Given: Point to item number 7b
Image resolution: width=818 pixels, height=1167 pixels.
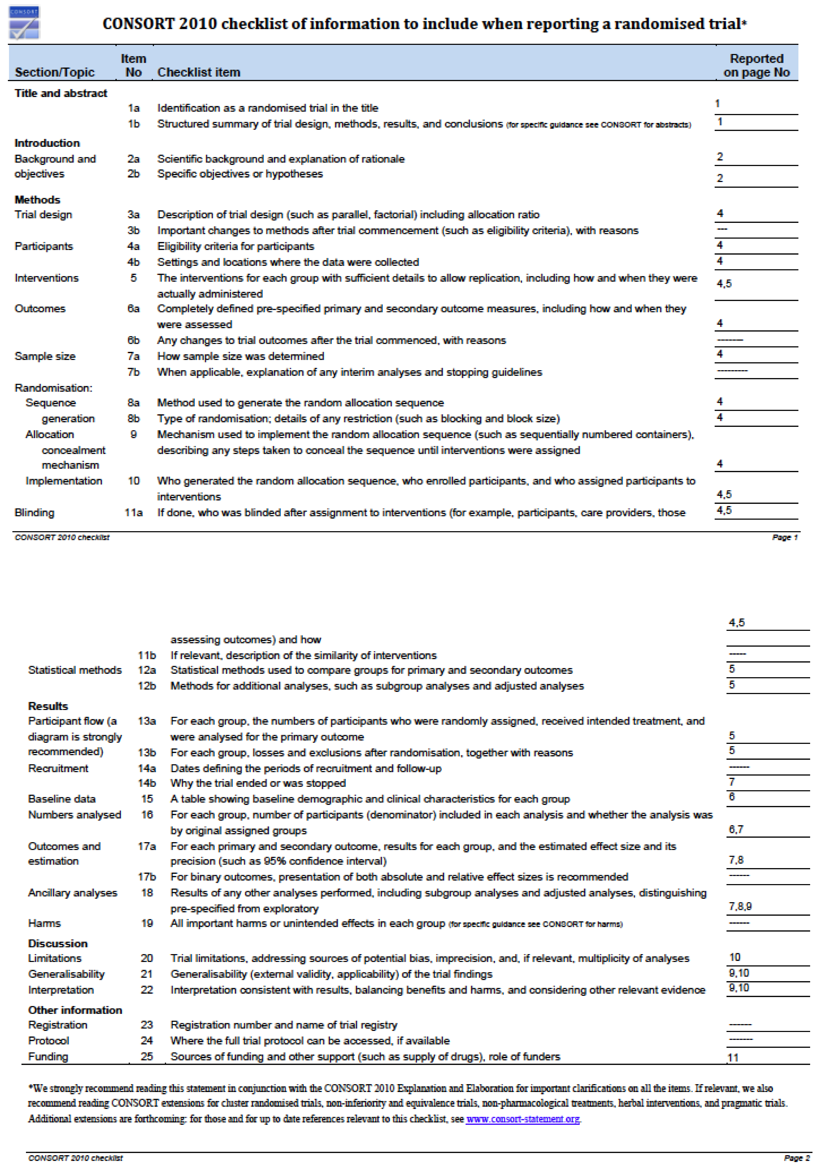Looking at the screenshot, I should (x=134, y=372).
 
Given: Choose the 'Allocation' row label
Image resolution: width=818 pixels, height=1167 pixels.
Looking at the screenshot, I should (x=50, y=434).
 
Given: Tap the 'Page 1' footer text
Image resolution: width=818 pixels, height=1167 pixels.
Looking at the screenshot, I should (x=784, y=537).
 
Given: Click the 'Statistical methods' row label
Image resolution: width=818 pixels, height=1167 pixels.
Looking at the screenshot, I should (x=75, y=670).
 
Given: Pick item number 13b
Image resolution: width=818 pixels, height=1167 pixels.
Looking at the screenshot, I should (x=147, y=752).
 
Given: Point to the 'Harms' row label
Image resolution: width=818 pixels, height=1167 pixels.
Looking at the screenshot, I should (x=44, y=923).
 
